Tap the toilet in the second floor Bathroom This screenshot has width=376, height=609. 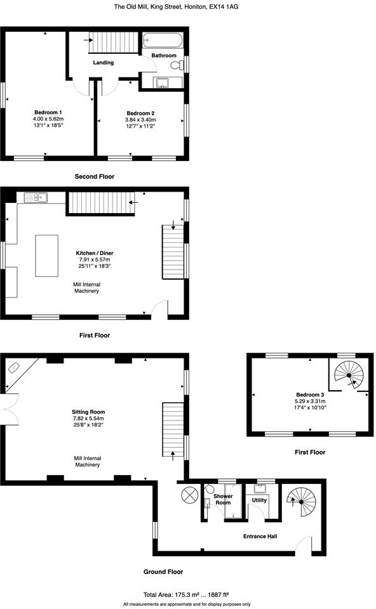coord(175,63)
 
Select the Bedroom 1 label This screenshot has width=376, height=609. coord(48,112)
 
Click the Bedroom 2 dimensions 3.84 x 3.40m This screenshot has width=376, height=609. coord(140,120)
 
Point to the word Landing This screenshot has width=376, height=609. coord(104,63)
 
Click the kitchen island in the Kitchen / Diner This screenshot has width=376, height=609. coord(46,256)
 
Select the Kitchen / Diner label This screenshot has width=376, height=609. coord(94,253)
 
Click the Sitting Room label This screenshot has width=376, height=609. coord(88,412)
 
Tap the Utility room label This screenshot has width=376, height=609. coord(259,500)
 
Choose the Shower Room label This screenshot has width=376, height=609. coord(223,499)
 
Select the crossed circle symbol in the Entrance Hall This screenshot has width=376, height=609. coord(190,495)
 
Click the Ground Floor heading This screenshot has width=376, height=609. coord(163,572)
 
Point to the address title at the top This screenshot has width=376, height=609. coord(176,7)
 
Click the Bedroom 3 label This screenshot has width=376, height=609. coord(309,395)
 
